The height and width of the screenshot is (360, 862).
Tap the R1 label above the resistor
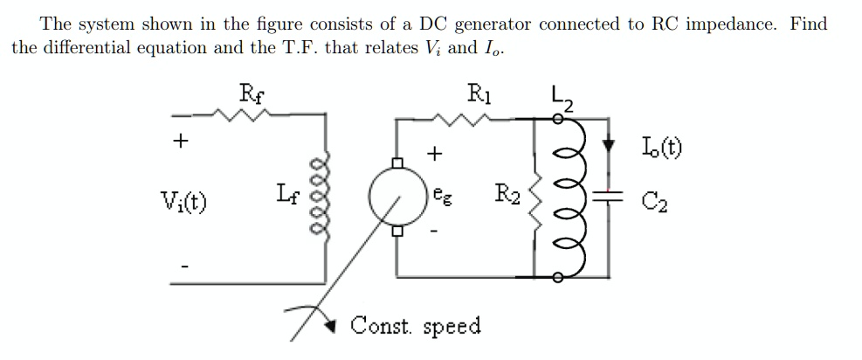click(x=479, y=90)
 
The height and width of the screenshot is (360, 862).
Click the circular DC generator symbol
click(x=397, y=197)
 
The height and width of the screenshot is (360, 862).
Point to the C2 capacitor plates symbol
click(x=601, y=197)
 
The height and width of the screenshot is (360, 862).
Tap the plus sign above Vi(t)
click(x=183, y=141)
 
